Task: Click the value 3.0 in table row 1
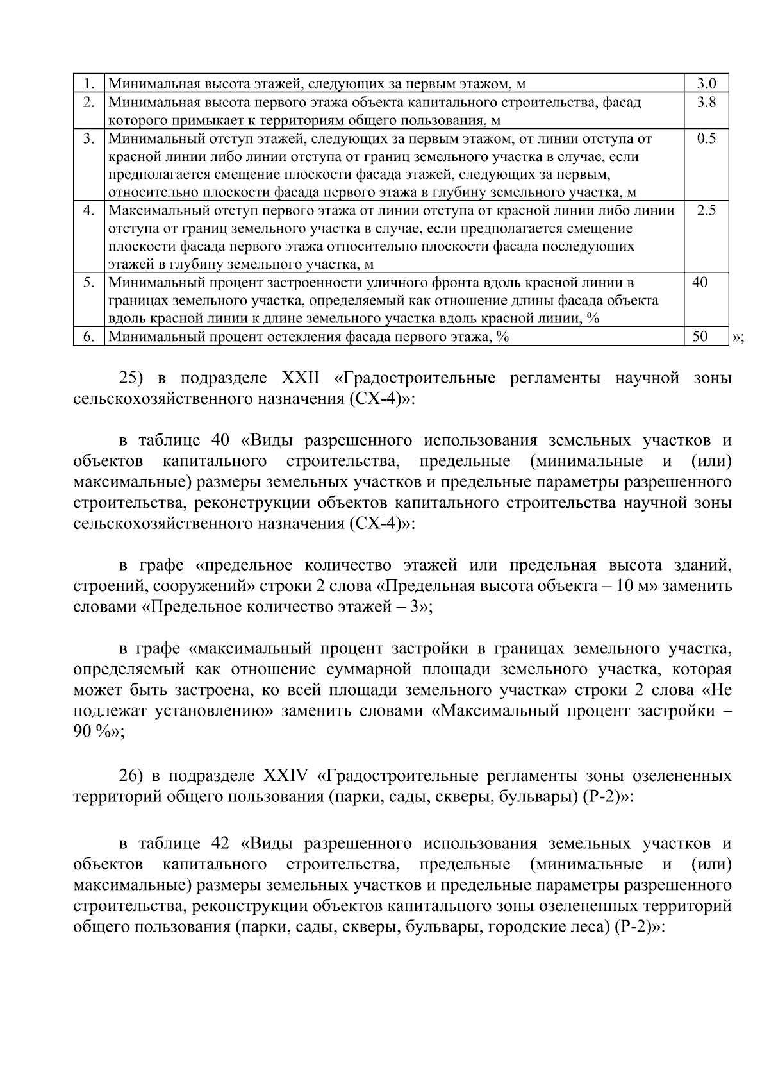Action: [706, 83]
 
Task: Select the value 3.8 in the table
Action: [706, 102]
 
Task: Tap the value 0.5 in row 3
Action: [706, 138]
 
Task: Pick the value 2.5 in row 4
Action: [706, 210]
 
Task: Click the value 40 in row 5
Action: [700, 282]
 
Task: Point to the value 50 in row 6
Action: [700, 337]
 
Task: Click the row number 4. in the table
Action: [89, 210]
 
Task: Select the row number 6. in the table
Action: [89, 337]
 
